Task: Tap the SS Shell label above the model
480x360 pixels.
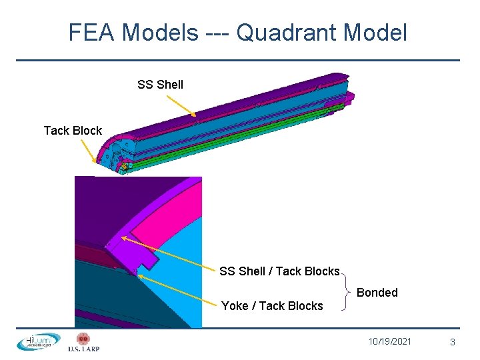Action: [160, 84]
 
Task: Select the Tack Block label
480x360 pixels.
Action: [73, 130]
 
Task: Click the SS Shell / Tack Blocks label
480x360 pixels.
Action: [279, 271]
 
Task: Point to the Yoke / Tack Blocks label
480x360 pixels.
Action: [272, 306]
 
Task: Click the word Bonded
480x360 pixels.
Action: [377, 292]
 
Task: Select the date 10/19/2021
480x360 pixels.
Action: [390, 341]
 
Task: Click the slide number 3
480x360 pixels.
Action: [453, 342]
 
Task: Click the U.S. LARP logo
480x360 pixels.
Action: [83, 342]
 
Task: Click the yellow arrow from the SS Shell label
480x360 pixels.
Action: [180, 105]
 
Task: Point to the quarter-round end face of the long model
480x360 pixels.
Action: [113, 152]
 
